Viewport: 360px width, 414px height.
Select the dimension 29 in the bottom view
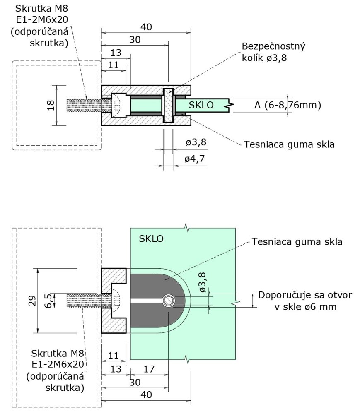(31, 301)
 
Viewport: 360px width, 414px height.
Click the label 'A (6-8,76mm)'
(288, 105)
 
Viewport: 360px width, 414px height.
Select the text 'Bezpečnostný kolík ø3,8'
(273, 52)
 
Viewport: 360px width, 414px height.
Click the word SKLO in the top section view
(201, 105)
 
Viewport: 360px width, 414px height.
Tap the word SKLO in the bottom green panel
(151, 239)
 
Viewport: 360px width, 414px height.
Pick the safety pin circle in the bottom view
(168, 301)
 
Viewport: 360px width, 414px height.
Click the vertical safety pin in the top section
(168, 105)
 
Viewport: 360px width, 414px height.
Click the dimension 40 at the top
(146, 27)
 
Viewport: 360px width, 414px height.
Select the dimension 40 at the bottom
(146, 395)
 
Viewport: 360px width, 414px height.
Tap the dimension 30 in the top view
(135, 40)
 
